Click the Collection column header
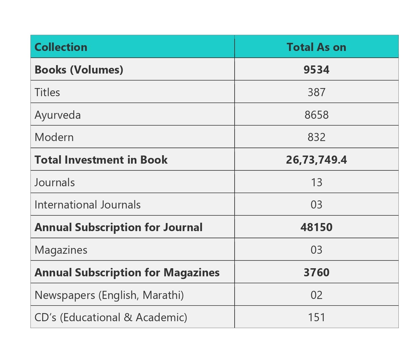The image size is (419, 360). point(61,47)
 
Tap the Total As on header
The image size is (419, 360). point(316,47)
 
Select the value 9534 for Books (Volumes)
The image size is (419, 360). point(316,70)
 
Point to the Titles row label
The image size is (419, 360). point(47,92)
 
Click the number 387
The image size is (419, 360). point(316,92)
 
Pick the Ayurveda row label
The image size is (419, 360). point(58,115)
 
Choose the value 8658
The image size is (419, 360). point(316,115)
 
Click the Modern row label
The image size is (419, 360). point(54,137)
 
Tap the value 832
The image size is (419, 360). point(316,137)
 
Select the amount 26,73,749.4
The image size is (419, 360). point(316,160)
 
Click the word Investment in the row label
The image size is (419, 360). point(94,160)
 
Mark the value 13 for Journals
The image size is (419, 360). point(316,183)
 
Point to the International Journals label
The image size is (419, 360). point(87,205)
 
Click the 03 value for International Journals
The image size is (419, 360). point(316,205)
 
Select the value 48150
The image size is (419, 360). point(316,227)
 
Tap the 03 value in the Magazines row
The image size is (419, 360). point(316,250)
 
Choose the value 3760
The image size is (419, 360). point(316,273)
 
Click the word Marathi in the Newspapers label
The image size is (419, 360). point(163,295)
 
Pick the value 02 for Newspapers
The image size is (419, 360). point(316,295)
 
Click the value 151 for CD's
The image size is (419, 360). point(316,317)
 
